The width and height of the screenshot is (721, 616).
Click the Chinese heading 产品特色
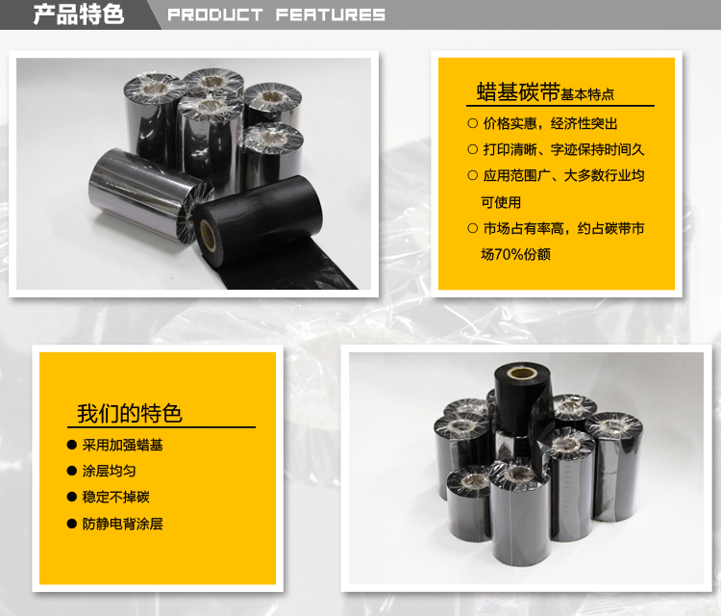[79, 14]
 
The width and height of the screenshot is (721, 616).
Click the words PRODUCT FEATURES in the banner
[276, 14]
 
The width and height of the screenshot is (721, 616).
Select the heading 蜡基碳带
[518, 91]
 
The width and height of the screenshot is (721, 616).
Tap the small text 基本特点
[587, 94]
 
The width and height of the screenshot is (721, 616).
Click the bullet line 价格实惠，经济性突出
[550, 123]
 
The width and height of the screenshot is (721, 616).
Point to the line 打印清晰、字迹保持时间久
[563, 149]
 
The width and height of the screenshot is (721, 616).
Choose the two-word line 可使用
[501, 202]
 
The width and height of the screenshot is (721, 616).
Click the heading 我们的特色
[130, 413]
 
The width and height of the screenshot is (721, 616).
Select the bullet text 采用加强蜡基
[122, 445]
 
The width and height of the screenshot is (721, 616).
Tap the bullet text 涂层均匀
[109, 471]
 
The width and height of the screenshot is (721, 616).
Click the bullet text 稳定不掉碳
[116, 497]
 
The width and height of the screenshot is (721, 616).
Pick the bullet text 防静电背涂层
[122, 524]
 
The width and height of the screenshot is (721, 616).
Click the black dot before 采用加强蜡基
[72, 445]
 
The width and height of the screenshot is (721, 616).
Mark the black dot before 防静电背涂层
[72, 524]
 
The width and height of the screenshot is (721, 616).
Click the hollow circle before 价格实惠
[473, 123]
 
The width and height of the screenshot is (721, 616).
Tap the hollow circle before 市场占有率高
[473, 228]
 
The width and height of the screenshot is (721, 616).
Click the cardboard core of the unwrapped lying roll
[208, 235]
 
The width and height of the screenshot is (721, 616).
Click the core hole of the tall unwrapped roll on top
[521, 372]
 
